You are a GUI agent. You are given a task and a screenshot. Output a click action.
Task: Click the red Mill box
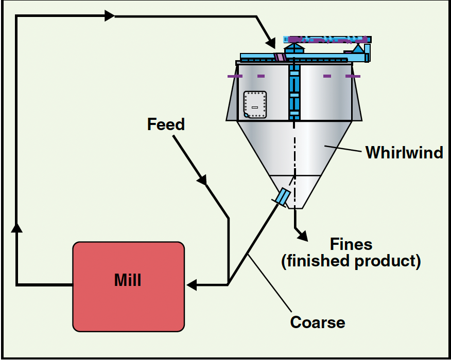128,286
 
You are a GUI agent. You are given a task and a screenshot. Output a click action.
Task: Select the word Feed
165,124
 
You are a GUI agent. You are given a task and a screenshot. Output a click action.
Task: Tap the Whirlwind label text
404,152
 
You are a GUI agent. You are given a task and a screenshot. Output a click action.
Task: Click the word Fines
351,243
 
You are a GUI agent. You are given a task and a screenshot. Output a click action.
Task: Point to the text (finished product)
351,261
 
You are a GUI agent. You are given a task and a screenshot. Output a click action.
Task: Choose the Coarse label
317,322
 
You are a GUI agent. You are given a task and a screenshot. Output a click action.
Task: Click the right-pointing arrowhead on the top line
109,16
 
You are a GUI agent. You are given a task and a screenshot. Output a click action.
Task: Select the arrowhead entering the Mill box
192,284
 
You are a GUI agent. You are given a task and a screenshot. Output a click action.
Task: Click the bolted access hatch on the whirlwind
255,104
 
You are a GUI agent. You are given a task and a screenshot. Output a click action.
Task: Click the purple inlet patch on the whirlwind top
280,57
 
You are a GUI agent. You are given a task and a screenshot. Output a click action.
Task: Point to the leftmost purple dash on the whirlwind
235,76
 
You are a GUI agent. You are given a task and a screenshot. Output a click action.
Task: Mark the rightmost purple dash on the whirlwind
353,76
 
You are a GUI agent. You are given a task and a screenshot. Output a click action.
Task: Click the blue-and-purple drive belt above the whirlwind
327,39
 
